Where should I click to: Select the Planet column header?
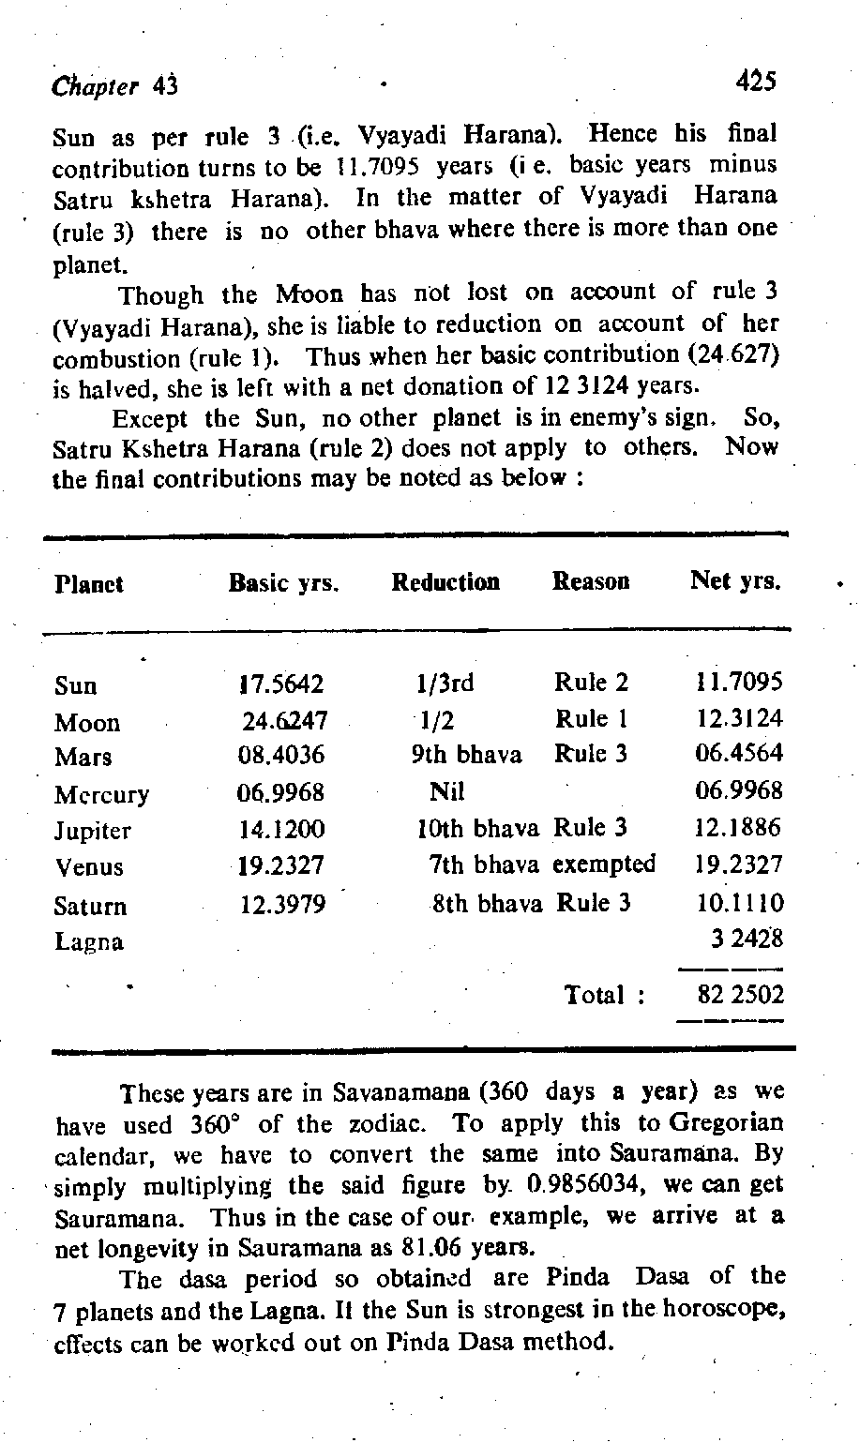89,584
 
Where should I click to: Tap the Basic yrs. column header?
283,583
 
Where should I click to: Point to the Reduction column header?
445,582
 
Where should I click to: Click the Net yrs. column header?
735,581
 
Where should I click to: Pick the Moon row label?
87,723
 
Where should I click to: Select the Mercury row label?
101,795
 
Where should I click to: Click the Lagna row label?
89,941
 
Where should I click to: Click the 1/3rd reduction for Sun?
445,684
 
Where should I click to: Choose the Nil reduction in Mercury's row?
446,792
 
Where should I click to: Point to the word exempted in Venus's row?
604,864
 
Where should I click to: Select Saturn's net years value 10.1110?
740,903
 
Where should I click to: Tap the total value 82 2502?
740,995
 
